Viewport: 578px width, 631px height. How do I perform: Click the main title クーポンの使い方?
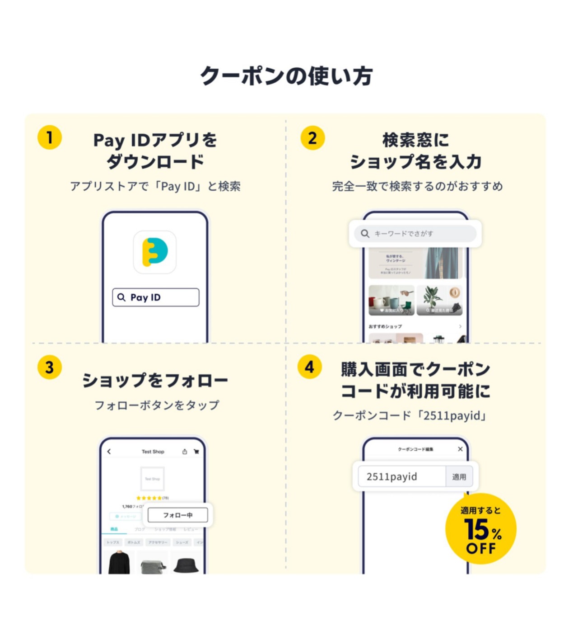287,76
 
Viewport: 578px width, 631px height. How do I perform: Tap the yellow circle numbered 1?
50,137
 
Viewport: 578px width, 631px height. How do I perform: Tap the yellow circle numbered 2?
312,138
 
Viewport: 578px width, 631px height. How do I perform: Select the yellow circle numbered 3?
50,367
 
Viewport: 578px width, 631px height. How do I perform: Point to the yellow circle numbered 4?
310,367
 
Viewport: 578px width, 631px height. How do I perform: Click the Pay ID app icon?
155,252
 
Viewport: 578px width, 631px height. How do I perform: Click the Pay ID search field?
156,297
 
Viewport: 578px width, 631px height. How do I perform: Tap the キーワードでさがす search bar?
415,234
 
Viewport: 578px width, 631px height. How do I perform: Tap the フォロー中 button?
178,515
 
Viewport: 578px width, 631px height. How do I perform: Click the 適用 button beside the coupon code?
459,477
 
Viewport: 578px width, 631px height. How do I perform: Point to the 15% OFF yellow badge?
480,529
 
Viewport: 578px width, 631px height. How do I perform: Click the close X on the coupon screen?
460,449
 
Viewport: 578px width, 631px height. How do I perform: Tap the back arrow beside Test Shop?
109,452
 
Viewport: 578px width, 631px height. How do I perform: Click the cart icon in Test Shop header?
196,452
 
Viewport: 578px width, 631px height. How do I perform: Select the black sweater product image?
119,563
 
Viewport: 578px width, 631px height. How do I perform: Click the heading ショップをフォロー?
155,381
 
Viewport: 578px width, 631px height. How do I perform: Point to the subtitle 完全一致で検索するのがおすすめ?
417,186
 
